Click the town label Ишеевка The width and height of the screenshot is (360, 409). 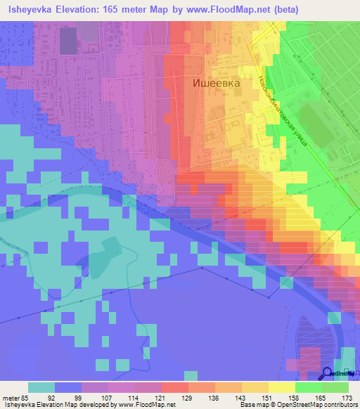217,83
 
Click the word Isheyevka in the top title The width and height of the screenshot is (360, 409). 33,10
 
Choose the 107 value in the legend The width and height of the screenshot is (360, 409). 108,396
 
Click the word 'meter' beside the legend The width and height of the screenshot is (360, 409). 11,396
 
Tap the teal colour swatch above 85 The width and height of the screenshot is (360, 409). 41,387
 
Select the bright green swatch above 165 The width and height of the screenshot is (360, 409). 309,387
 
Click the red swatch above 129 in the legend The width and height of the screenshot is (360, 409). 175,387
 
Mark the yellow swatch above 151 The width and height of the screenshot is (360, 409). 255,387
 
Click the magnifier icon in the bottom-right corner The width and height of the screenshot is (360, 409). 328,374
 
